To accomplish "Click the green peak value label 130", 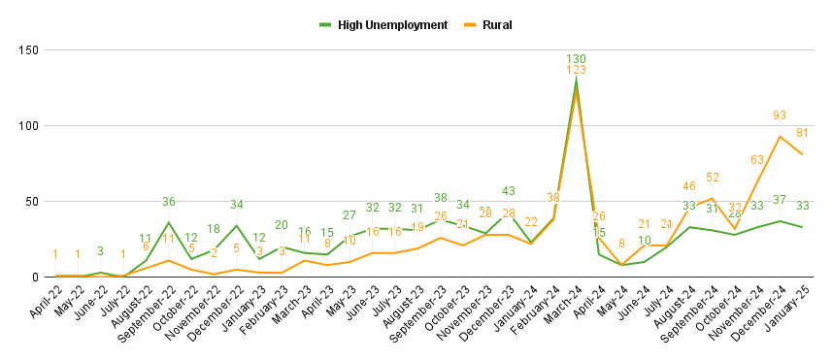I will [577, 59].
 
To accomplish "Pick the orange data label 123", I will [577, 71].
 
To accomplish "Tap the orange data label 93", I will [780, 115].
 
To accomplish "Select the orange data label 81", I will [802, 133].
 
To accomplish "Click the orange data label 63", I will [757, 160].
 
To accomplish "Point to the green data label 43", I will [509, 191].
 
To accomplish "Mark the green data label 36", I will [169, 202].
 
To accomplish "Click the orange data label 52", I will [712, 178].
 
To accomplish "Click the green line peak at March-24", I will [577, 81].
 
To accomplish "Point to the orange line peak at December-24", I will [780, 136].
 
